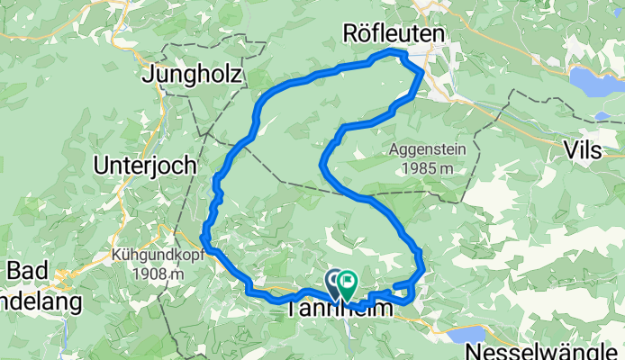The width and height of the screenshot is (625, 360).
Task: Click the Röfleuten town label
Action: pyautogui.click(x=394, y=34)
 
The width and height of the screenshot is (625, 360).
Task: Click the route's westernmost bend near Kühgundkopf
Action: pyautogui.click(x=205, y=241)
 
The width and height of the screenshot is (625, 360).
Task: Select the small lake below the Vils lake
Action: pyautogui.click(x=601, y=115)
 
